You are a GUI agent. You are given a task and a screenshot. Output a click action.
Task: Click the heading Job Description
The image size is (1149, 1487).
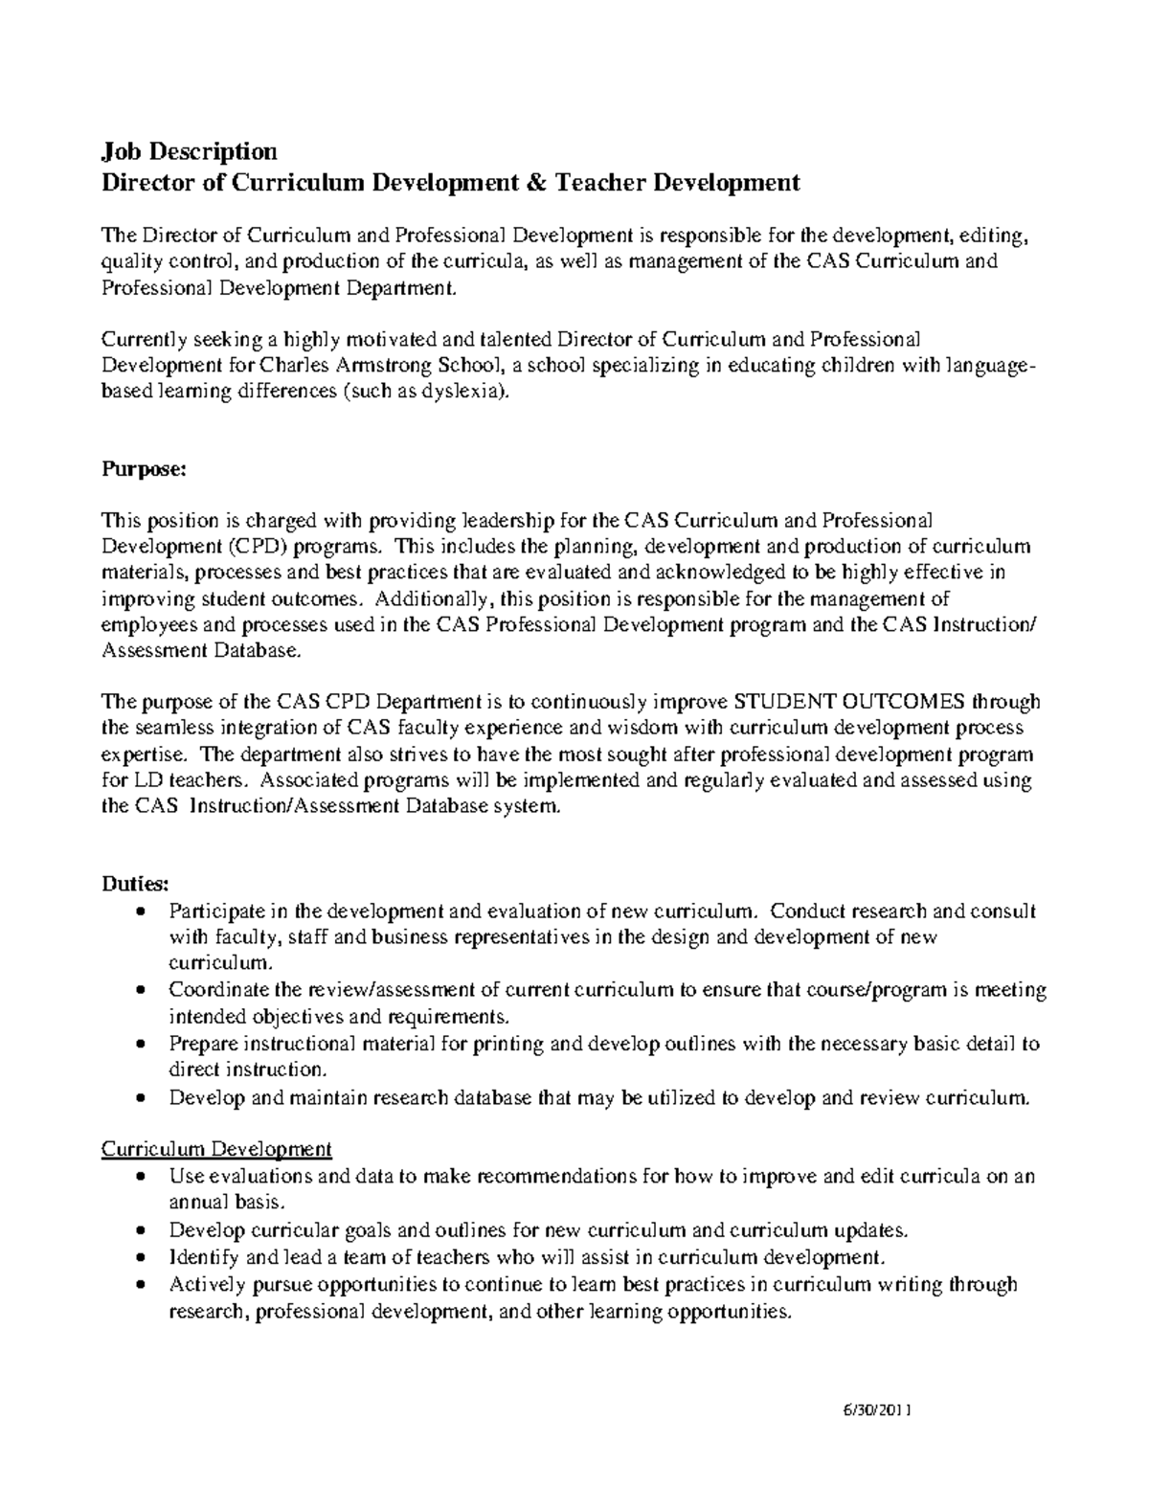[x=190, y=151]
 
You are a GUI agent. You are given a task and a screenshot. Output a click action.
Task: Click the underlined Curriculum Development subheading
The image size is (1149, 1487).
[x=216, y=1148]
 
